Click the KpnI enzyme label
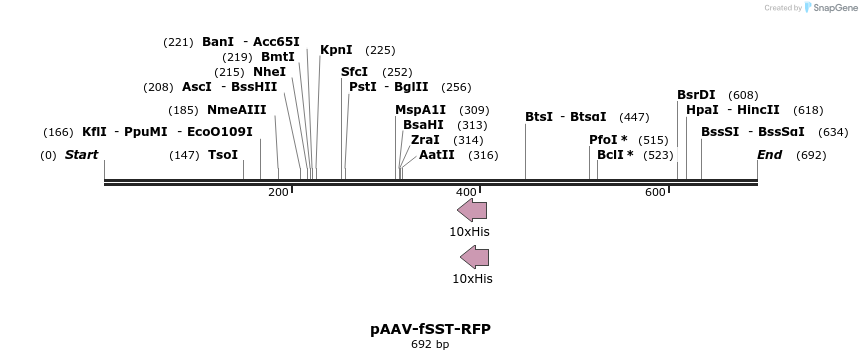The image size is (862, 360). pos(336,50)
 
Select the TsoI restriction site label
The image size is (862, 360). pos(223,155)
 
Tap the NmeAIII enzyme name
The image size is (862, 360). pos(237,110)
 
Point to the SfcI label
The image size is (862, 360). pos(355,72)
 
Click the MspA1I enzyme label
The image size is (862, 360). pos(421,110)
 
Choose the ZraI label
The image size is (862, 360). pos(425,140)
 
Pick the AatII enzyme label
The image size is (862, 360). pos(437,155)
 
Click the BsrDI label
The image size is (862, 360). pos(696,95)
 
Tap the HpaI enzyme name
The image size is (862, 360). pos(702,110)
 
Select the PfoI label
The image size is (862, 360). pos(608,140)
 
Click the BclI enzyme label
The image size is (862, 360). pos(615,155)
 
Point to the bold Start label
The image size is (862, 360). pos(82,155)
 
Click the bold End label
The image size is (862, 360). pos(769,155)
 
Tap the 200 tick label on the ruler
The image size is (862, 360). pos(278,192)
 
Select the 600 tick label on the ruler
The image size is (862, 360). pos(655,192)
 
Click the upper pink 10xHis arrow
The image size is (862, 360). pos(472,210)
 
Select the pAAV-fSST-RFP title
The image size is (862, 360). pos(430,329)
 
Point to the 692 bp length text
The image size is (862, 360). pos(430,345)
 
